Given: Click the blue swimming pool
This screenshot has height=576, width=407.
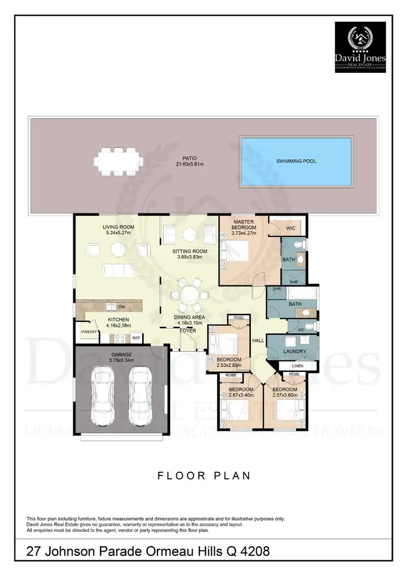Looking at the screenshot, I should click(296, 162).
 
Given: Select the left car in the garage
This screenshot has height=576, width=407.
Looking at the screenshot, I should click(101, 396).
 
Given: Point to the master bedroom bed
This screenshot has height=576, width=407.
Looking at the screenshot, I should click(235, 252).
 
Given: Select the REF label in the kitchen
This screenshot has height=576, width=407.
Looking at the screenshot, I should click(135, 338).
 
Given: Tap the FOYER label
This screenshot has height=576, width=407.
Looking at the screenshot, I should click(188, 330).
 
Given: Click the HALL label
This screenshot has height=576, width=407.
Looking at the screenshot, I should click(258, 340).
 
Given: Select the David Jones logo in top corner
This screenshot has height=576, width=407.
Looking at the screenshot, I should click(360, 47).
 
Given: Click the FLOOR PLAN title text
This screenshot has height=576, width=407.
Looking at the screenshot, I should click(203, 476).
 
